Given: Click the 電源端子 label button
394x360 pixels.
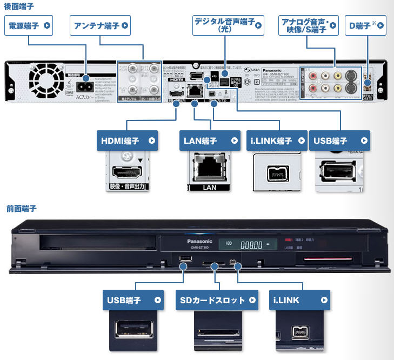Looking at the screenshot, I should [29, 25].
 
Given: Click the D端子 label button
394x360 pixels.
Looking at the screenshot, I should [366, 25].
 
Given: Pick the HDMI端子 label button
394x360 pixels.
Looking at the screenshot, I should [128, 142].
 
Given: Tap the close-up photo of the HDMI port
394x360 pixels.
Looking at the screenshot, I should [128, 173].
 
